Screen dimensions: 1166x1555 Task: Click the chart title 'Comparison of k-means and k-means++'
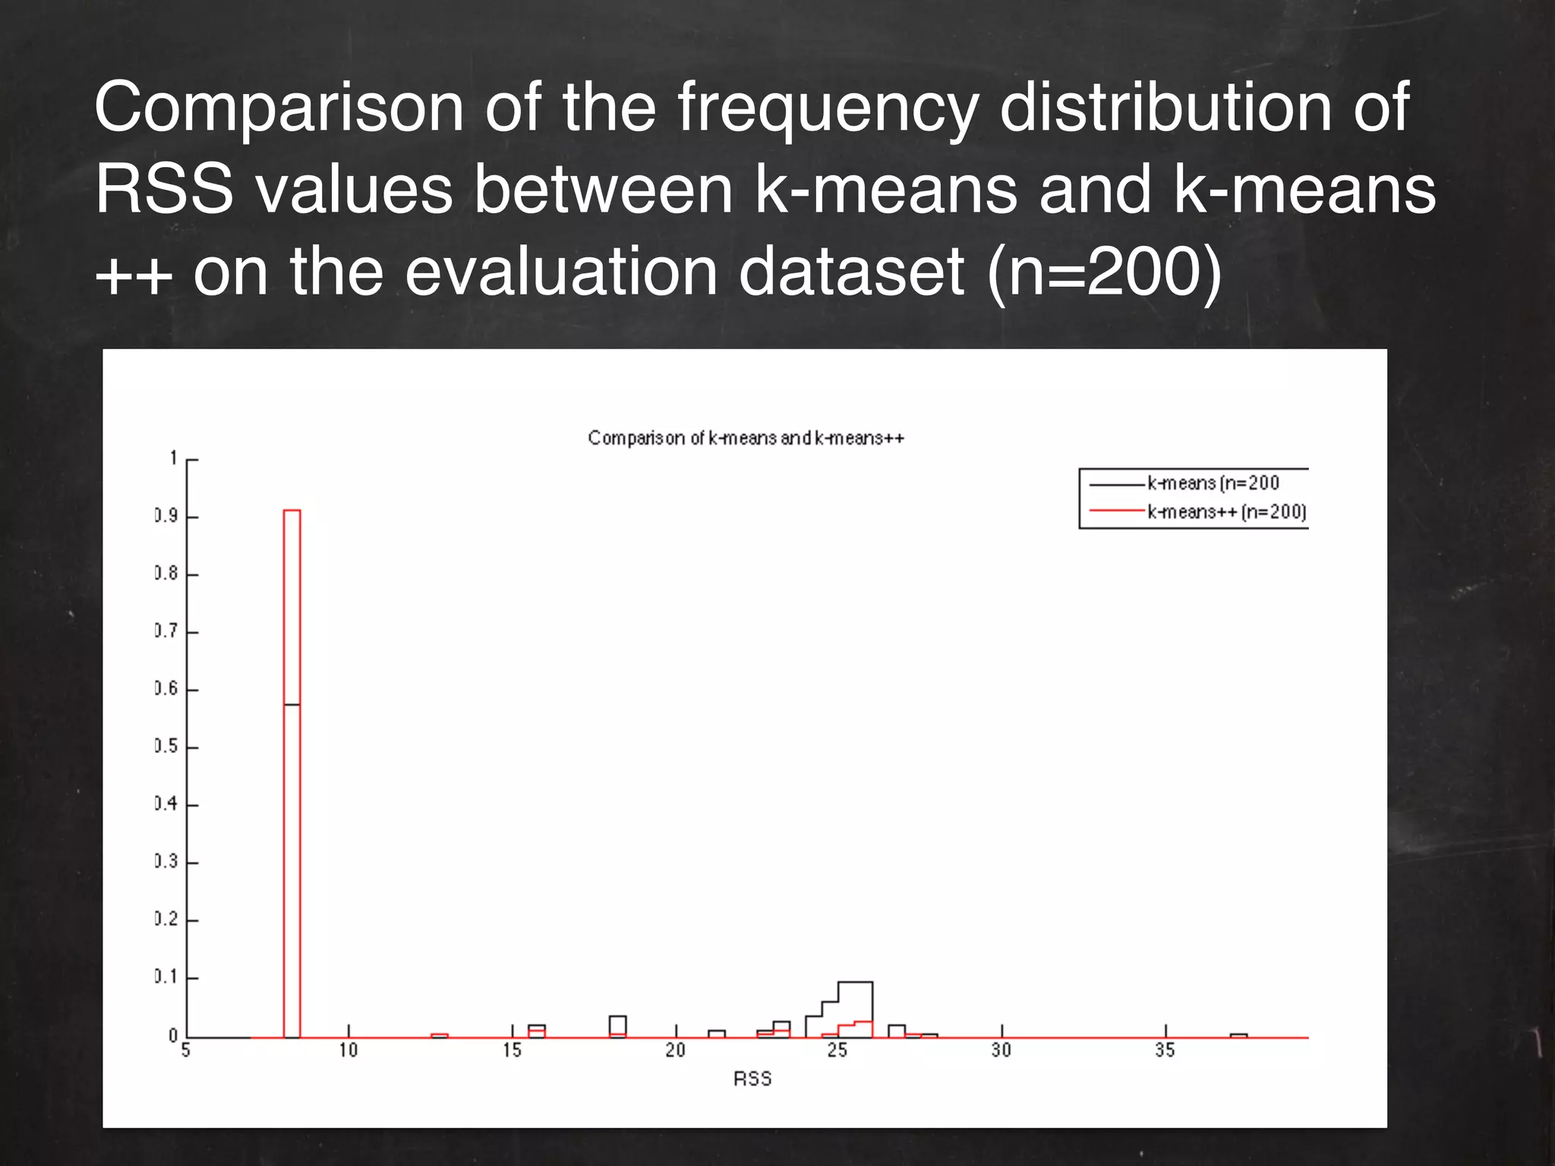(x=746, y=438)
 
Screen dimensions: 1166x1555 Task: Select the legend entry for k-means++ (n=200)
(x=1226, y=512)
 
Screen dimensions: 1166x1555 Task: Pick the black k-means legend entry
(x=1213, y=483)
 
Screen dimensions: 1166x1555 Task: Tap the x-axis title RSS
(x=752, y=1079)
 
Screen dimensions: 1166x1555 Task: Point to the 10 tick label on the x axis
(x=349, y=1051)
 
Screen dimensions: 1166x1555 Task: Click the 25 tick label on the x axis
(x=837, y=1051)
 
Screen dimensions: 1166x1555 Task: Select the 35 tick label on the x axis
(x=1165, y=1051)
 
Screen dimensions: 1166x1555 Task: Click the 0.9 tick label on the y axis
(x=166, y=516)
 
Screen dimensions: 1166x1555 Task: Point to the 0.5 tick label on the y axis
(x=166, y=746)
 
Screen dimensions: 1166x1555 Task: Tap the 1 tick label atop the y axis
(x=174, y=458)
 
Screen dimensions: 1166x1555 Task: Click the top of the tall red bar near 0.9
(x=292, y=511)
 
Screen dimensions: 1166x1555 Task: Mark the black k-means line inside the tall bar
(x=292, y=704)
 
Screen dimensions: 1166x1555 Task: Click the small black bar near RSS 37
(x=1238, y=1035)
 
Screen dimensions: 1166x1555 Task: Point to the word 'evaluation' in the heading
(x=561, y=272)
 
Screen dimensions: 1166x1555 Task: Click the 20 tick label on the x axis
(x=675, y=1051)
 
